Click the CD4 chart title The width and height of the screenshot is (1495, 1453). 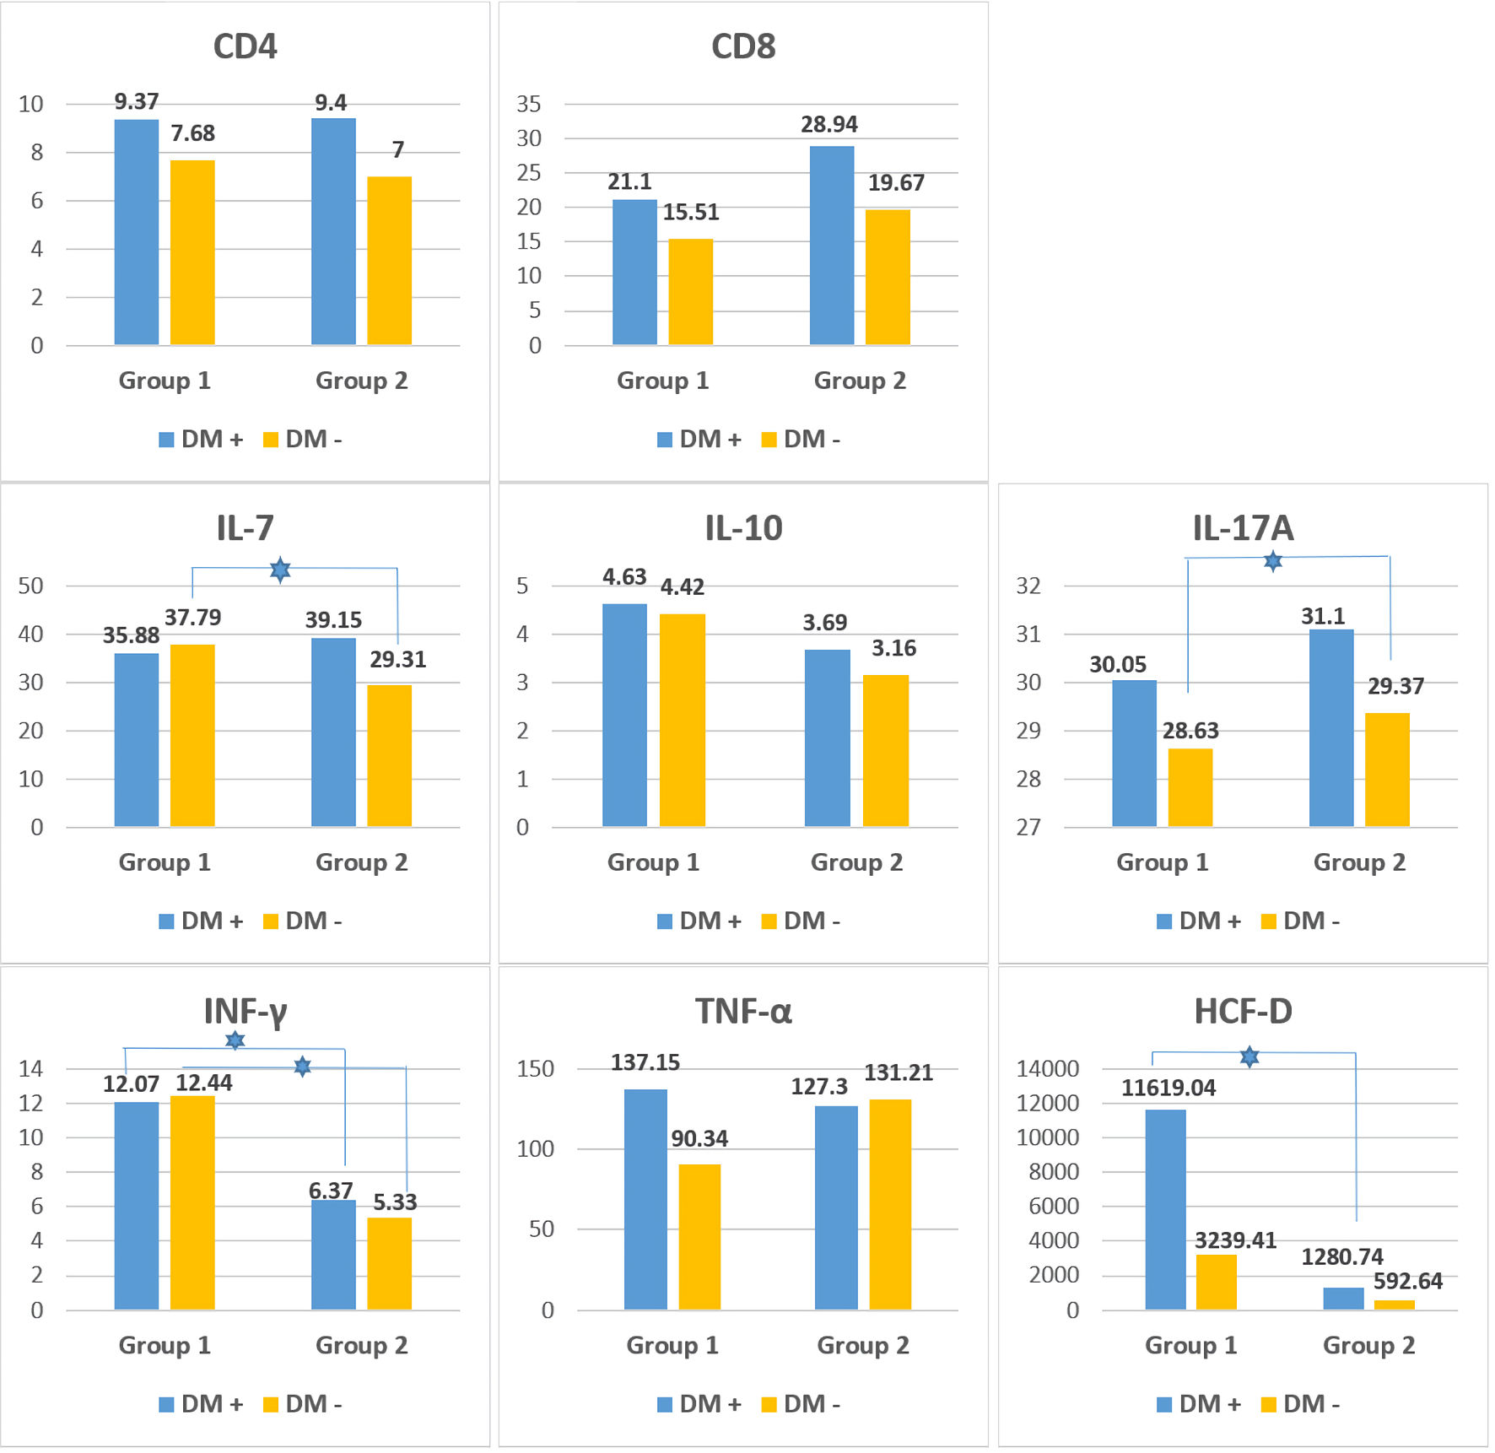(x=245, y=46)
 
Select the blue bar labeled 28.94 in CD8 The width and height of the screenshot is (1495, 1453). (x=832, y=246)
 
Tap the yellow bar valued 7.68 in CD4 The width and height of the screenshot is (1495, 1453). (x=192, y=252)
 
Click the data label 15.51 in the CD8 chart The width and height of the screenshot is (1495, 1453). (x=691, y=212)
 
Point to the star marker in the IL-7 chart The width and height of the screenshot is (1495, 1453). (x=280, y=570)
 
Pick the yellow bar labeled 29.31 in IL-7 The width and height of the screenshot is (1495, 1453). (x=390, y=755)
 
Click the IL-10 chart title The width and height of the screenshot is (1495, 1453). (x=743, y=528)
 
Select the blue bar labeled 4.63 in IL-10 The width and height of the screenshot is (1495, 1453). (x=624, y=715)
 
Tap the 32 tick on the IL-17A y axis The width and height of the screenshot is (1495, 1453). (x=1028, y=586)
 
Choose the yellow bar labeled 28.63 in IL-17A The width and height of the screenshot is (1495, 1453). (x=1190, y=787)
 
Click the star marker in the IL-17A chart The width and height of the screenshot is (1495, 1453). (x=1273, y=560)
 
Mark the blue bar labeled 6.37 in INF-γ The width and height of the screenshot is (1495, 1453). (x=333, y=1255)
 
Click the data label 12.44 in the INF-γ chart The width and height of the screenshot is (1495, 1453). (x=204, y=1083)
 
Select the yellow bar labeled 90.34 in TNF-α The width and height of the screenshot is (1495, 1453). (x=699, y=1236)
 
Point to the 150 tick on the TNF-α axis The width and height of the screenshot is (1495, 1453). (x=535, y=1069)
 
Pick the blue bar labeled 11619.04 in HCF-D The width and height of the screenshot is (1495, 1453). (x=1165, y=1209)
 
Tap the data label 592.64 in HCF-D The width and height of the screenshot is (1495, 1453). (x=1407, y=1281)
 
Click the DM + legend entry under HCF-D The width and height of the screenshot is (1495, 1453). (x=1199, y=1404)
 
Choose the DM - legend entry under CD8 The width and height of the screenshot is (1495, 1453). (x=801, y=440)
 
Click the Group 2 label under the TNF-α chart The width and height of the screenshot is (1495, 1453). (x=862, y=1345)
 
